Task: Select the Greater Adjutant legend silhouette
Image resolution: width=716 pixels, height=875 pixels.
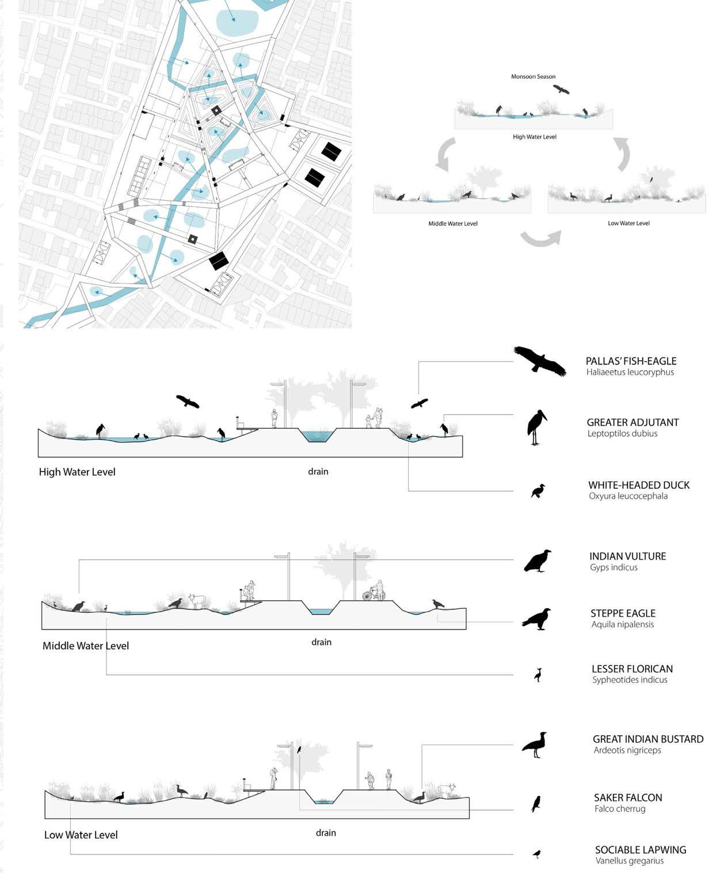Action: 536,428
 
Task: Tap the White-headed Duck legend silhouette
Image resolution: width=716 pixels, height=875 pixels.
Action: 538,491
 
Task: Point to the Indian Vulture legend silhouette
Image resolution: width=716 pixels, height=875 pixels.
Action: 538,561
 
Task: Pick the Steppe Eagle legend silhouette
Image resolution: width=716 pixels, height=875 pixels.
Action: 537,619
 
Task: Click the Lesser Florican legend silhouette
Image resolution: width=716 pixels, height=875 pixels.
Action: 538,674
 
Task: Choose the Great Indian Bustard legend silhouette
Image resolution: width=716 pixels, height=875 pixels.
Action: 535,745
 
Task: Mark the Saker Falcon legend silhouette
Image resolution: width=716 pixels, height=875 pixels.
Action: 536,804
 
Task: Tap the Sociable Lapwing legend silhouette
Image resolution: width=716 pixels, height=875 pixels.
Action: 537,854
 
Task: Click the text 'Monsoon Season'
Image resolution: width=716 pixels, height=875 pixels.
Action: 533,76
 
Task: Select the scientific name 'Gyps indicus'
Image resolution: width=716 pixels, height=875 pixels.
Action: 614,567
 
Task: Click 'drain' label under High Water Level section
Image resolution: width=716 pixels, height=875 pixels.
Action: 318,471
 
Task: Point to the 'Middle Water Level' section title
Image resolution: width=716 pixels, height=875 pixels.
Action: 86,646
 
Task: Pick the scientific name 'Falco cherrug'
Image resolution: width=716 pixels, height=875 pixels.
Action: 620,809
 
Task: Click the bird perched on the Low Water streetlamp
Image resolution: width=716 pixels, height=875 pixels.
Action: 299,750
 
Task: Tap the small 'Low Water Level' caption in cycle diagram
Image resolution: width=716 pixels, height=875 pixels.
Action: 629,223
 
